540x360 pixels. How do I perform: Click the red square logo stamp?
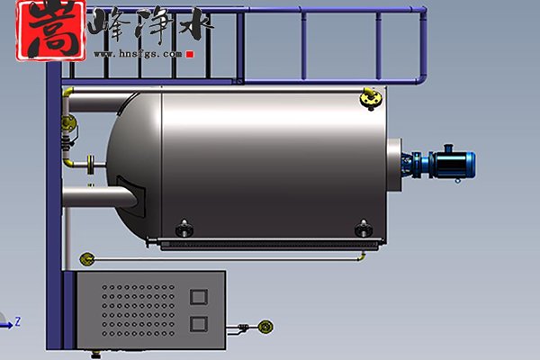coord(51,31)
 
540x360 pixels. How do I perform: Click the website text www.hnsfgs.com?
coord(138,54)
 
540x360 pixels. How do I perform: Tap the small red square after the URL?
coord(190,54)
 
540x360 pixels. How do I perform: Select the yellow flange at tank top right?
coord(371,98)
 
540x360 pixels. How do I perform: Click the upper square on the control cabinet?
coord(199,297)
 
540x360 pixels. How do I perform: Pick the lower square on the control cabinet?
coord(199,324)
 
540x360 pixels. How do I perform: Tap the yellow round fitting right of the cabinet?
coord(265,326)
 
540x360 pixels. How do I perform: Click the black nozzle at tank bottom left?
coord(184,229)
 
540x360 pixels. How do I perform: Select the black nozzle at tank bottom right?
coord(364,229)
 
